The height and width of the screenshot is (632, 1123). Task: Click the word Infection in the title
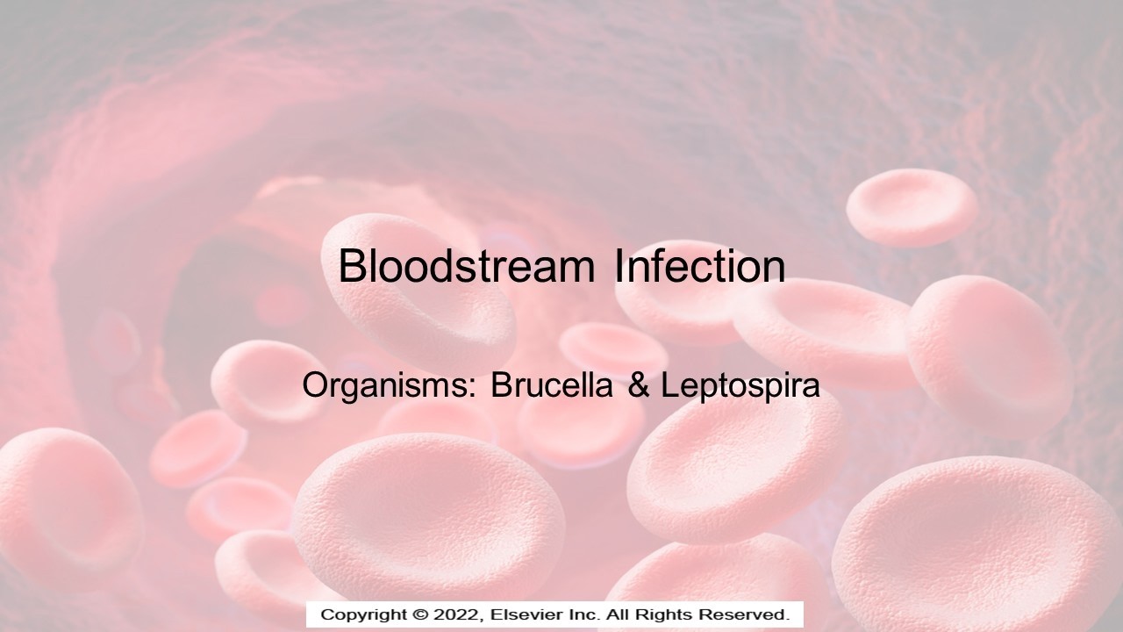699,266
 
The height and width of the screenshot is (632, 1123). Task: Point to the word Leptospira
740,386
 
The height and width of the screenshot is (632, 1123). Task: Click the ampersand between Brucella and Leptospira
638,386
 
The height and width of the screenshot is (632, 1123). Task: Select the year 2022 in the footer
453,614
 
